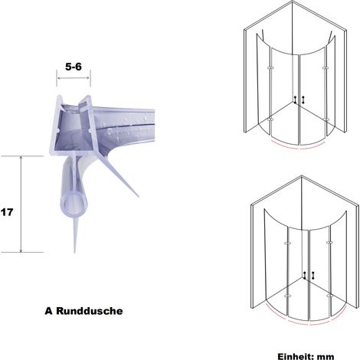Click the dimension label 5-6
(x=74, y=67)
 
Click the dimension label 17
(x=7, y=212)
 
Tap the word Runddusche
(x=90, y=311)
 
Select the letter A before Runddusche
(x=48, y=311)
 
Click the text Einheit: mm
(x=306, y=356)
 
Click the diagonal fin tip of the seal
(x=138, y=196)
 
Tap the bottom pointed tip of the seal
(x=74, y=252)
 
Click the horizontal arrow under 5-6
(x=74, y=78)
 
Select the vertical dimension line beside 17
(x=21, y=204)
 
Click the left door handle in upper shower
(x=296, y=100)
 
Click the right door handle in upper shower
(x=303, y=100)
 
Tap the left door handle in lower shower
(x=305, y=275)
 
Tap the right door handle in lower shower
(x=313, y=275)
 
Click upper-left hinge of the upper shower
(x=270, y=68)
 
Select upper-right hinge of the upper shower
(x=325, y=68)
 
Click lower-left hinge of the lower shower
(x=288, y=296)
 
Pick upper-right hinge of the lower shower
(x=329, y=243)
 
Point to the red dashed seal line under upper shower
(x=299, y=148)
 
